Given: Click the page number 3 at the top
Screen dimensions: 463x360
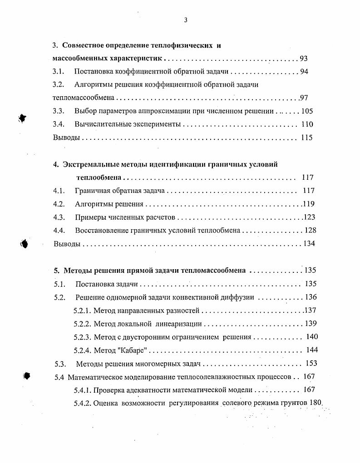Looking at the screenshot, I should pos(186,20).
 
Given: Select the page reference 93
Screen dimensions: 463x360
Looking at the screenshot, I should pos(304,59).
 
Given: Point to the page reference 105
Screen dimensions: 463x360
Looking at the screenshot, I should pos(307,111).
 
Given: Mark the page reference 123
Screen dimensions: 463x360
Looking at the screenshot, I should pos(309,217).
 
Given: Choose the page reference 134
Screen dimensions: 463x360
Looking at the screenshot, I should pos(309,244).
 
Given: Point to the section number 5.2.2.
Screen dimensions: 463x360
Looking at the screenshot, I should pos(82,324).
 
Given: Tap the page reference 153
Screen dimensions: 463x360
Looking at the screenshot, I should pos(311,363).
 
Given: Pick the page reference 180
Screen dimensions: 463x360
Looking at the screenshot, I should pos(316,403).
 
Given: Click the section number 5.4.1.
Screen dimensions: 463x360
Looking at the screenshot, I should pos(82,389).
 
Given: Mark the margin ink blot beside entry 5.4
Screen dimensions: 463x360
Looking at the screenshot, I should pos(27,375).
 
